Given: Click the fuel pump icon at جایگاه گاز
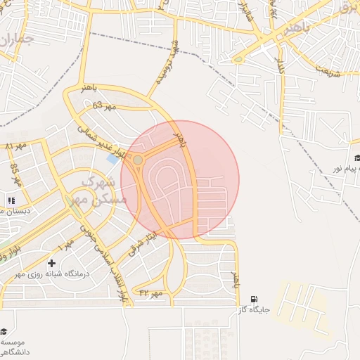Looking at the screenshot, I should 253,298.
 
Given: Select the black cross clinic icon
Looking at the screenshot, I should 51,262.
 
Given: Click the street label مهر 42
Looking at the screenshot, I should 150,292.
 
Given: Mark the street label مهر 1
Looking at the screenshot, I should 65,246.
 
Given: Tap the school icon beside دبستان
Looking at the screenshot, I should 11,200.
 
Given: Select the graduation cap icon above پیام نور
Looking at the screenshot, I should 357,158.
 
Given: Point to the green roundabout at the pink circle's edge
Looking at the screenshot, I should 138,160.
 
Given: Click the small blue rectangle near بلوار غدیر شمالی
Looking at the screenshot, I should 112,160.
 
